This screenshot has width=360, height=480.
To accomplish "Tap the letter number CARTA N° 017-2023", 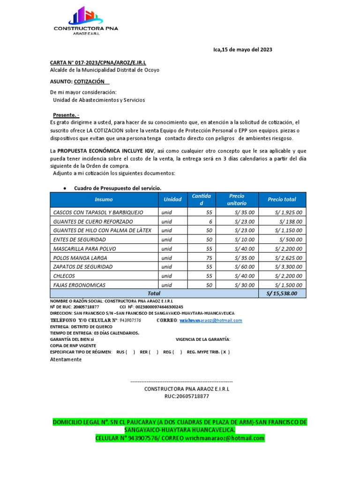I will pyautogui.click(x=98, y=62).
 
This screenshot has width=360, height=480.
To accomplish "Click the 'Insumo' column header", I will pyautogui.click(x=104, y=199).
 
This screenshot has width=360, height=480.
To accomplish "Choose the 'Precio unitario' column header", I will pyautogui.click(x=237, y=199).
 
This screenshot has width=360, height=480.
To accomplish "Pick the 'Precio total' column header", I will pyautogui.click(x=282, y=199).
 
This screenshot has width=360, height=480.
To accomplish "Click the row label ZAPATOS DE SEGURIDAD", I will pyautogui.click(x=83, y=267).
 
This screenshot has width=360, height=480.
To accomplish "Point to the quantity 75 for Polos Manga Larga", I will pyautogui.click(x=209, y=258).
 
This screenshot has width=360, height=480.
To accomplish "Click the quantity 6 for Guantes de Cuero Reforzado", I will pyautogui.click(x=210, y=221).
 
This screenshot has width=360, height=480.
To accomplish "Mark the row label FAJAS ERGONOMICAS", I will pyautogui.click(x=79, y=285).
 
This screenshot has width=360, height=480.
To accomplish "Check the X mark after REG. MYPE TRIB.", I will pyautogui.click(x=225, y=352).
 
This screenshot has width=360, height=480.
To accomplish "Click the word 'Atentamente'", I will pyautogui.click(x=66, y=360).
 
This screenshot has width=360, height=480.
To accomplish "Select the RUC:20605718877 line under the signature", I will pyautogui.click(x=187, y=396).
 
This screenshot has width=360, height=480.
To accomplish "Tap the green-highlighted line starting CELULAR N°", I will pyautogui.click(x=180, y=438).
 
